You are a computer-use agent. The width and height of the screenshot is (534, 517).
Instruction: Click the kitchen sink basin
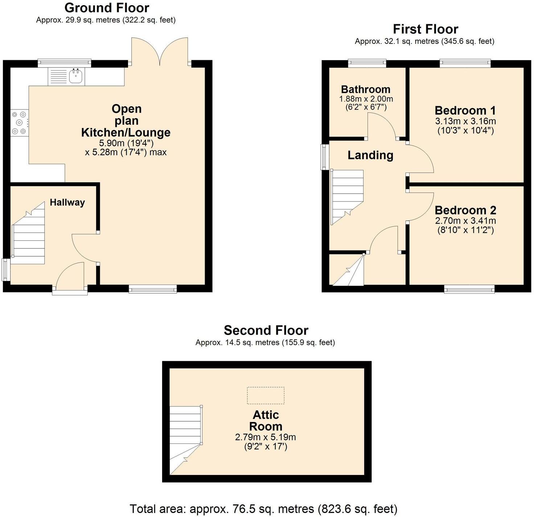[x=76, y=76]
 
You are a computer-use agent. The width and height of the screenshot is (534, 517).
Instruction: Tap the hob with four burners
[x=20, y=123]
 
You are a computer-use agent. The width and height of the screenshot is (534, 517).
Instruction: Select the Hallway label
[x=67, y=202]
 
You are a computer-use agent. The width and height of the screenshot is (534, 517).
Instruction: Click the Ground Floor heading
[x=107, y=8]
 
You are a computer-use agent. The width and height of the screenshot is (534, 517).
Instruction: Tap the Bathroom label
[x=366, y=89]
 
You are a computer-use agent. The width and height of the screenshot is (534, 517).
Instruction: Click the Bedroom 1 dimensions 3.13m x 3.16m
[x=465, y=121]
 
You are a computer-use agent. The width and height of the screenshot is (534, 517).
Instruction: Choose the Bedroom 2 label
[x=465, y=210]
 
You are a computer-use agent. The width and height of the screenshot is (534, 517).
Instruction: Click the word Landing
[x=370, y=155]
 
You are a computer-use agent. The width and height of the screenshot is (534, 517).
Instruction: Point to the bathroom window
[x=367, y=63]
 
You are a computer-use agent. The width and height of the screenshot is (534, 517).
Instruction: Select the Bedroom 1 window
[x=465, y=63]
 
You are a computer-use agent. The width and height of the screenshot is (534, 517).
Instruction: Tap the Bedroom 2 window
[x=469, y=289]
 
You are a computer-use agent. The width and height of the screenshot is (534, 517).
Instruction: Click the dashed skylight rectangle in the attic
[x=266, y=395]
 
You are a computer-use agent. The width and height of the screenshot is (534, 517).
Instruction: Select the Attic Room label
[x=266, y=421]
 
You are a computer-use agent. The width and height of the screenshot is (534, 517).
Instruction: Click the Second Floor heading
[x=266, y=330]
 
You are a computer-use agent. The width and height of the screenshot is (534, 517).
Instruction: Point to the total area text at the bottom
[x=263, y=509]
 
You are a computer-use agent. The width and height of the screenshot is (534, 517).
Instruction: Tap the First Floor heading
[x=426, y=29]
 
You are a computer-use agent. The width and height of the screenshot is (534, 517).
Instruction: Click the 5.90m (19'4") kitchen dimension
[x=126, y=143]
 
